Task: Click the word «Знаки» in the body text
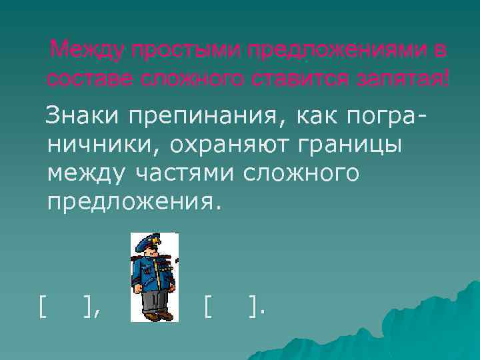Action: tap(78, 115)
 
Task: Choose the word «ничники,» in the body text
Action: tap(103, 145)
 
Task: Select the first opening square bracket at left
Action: tap(43, 307)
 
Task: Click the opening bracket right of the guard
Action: tap(208, 307)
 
